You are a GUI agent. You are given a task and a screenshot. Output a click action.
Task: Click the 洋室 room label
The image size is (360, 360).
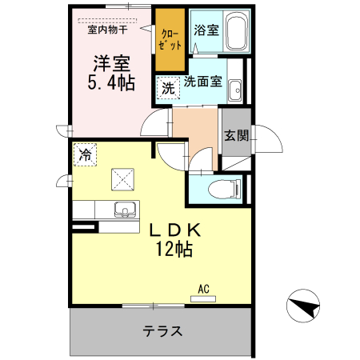click(112, 62)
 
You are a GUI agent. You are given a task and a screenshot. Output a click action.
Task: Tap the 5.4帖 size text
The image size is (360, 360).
click(111, 82)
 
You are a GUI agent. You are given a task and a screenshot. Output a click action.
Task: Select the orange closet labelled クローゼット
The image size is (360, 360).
click(170, 38)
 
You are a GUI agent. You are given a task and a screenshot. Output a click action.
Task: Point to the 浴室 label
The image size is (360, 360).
click(206, 30)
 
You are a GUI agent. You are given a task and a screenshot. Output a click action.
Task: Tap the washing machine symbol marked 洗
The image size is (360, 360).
click(168, 89)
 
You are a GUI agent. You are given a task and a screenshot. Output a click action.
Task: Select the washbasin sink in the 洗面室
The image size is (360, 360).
click(236, 89)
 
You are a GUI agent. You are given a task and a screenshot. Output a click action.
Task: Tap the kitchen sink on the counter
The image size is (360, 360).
click(124, 210)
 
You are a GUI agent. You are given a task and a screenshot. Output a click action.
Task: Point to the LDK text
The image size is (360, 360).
click(174, 230)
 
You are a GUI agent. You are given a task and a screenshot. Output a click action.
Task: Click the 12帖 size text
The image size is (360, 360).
click(174, 249)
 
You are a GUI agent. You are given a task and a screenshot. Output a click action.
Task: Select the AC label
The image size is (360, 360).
click(203, 290)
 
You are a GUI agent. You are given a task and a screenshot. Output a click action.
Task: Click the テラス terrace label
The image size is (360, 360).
click(163, 330)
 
